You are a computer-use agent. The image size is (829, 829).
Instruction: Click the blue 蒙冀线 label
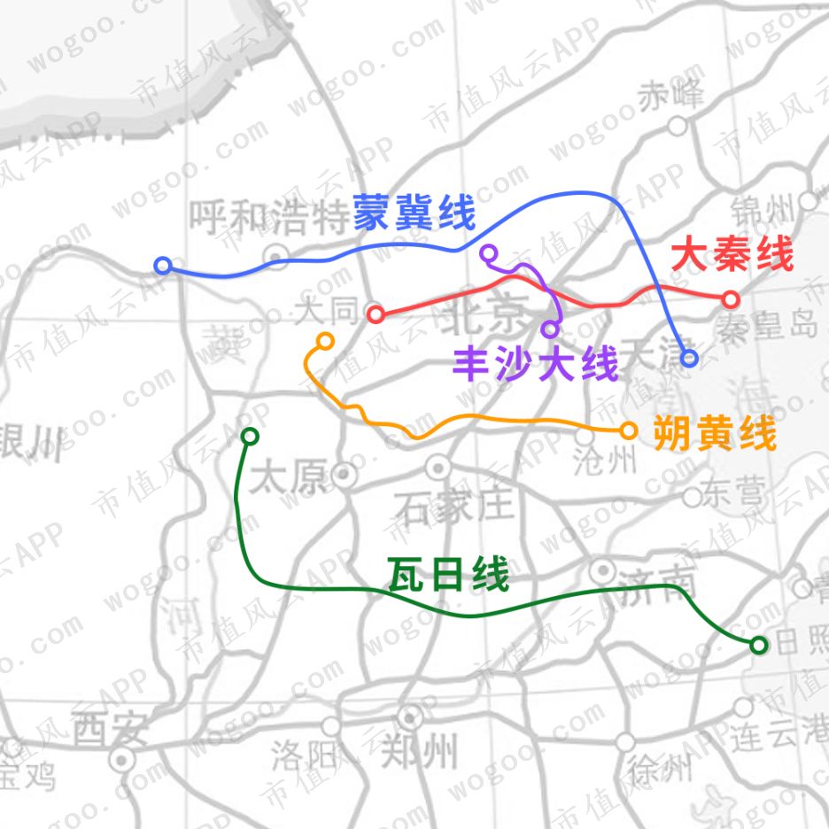point(414,213)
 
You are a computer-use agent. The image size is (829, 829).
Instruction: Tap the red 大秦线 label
point(732,256)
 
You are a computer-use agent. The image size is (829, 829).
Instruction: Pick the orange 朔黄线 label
point(714,435)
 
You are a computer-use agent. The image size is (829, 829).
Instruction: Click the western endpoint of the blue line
point(162,266)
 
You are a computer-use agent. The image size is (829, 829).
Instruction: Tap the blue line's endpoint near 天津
point(689,358)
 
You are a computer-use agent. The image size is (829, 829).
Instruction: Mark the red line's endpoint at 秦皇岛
point(730,298)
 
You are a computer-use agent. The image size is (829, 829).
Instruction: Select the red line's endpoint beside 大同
point(376,314)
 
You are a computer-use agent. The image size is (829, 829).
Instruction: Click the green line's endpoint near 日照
point(758,645)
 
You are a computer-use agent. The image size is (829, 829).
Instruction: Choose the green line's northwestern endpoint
point(250,436)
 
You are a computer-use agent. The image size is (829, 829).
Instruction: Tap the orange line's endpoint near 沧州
point(628,430)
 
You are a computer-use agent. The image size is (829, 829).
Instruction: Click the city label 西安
point(109,730)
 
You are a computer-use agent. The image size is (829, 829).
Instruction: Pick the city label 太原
point(288,479)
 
